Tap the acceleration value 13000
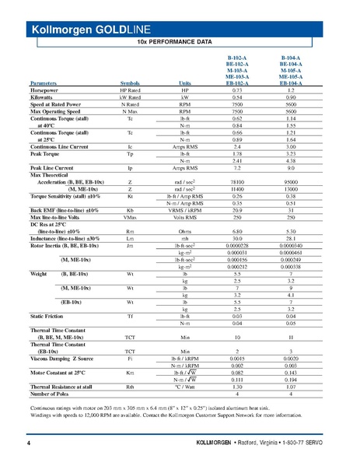(x=291, y=188)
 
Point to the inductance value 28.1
(x=291, y=238)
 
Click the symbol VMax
(x=130, y=217)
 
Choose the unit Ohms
(x=185, y=229)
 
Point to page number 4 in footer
(x=28, y=443)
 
